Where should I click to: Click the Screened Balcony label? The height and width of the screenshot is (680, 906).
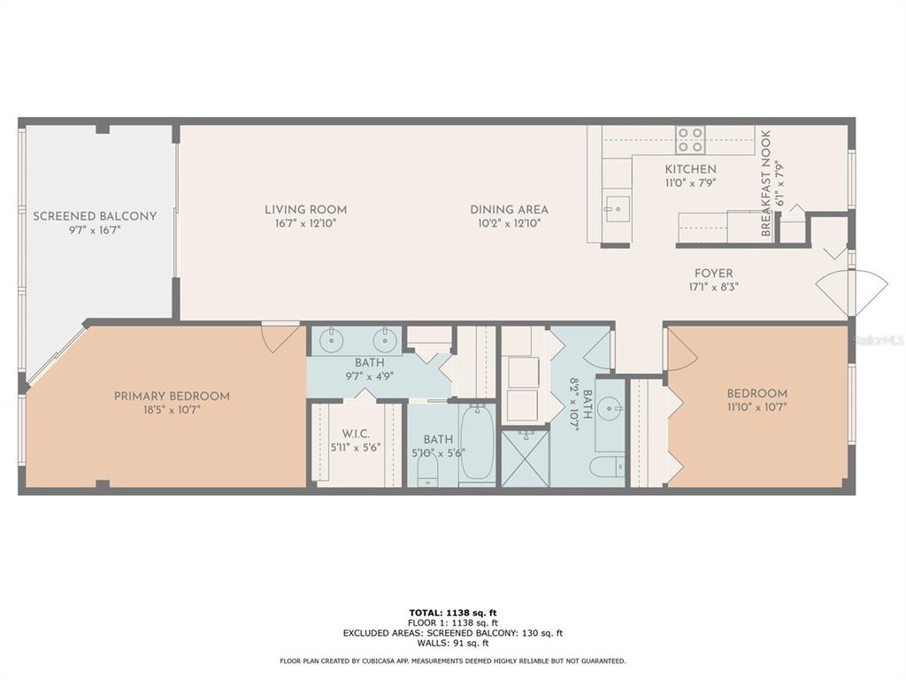95,216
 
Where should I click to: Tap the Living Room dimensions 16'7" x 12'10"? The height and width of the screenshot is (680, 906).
305,224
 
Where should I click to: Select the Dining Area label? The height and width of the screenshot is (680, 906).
509,210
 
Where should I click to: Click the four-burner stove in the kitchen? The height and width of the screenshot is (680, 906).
690,139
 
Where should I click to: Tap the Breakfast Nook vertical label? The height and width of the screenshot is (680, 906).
766,182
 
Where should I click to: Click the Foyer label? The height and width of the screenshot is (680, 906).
714,273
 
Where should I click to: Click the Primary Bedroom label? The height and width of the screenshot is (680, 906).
172,396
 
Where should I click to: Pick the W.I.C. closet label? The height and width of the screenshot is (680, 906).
356,434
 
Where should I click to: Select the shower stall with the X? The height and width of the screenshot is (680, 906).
526,458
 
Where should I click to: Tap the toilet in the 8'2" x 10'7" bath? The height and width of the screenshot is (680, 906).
608,466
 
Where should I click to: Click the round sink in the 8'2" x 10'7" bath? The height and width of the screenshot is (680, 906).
610,409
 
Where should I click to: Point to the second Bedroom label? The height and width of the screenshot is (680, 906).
757,394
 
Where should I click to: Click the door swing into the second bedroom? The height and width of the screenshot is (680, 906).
682,349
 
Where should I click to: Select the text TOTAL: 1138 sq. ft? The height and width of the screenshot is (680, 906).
453,613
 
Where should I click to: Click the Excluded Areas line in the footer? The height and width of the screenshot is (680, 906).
453,632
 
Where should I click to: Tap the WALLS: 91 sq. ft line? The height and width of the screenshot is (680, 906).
453,643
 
